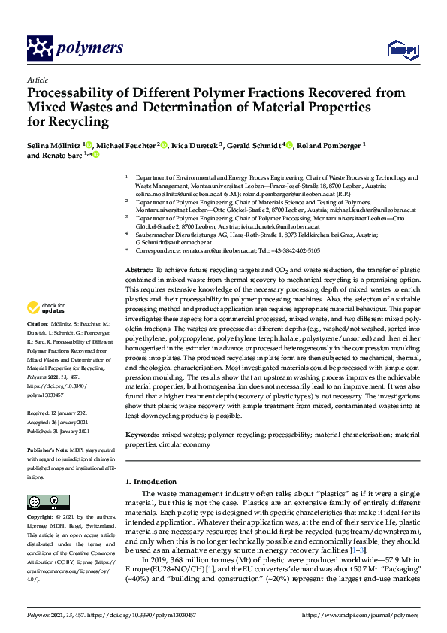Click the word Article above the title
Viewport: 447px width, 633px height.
pyautogui.click(x=36, y=80)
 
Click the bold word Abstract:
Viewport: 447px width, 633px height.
pyautogui.click(x=140, y=268)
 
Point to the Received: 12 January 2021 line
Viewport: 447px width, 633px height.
pyautogui.click(x=58, y=413)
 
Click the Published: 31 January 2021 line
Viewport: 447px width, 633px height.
pyautogui.click(x=59, y=431)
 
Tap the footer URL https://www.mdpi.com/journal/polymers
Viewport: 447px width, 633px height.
pyautogui.click(x=359, y=616)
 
